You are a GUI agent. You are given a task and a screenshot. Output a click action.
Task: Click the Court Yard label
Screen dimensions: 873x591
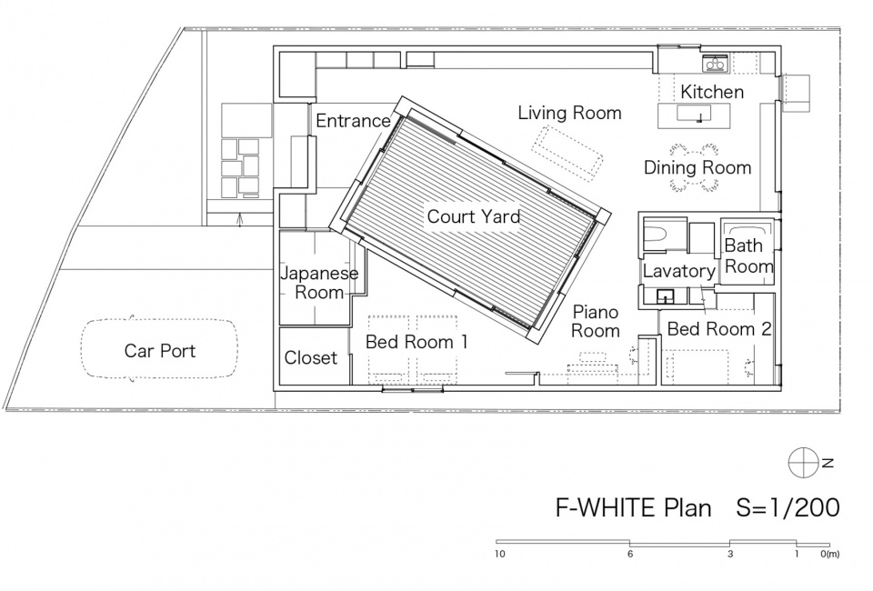click(x=474, y=216)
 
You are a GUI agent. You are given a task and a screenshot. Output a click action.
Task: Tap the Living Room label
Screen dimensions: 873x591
click(x=569, y=113)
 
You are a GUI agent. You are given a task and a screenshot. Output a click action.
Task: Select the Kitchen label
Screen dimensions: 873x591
click(x=712, y=92)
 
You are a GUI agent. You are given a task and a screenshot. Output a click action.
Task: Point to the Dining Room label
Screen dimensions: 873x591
click(x=697, y=167)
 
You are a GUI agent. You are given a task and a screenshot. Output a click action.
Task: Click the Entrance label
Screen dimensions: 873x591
click(x=354, y=120)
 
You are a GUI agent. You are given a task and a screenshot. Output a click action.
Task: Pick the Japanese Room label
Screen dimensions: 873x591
click(x=319, y=283)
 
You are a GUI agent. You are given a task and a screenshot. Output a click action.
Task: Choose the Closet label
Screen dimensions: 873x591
click(x=311, y=358)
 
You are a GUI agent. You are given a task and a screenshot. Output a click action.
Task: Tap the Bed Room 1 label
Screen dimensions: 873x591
click(x=416, y=342)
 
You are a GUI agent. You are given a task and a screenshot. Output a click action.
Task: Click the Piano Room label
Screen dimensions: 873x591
click(x=596, y=321)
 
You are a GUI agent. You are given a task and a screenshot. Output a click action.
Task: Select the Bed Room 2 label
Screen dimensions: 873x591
click(x=719, y=329)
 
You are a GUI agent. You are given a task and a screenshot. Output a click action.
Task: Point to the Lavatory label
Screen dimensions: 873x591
click(x=679, y=271)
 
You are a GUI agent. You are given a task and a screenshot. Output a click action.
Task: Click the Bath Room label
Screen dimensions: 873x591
click(x=748, y=255)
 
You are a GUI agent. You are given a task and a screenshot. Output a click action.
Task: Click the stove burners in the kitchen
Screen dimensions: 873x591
click(x=715, y=65)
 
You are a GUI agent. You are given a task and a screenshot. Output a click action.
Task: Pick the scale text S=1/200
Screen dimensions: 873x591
click(x=788, y=507)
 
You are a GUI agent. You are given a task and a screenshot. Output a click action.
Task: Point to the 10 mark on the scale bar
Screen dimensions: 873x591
click(x=500, y=555)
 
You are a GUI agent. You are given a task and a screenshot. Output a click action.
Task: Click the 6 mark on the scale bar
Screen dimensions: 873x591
click(x=630, y=555)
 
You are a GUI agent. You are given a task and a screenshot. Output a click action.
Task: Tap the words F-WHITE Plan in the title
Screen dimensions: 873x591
click(x=634, y=507)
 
